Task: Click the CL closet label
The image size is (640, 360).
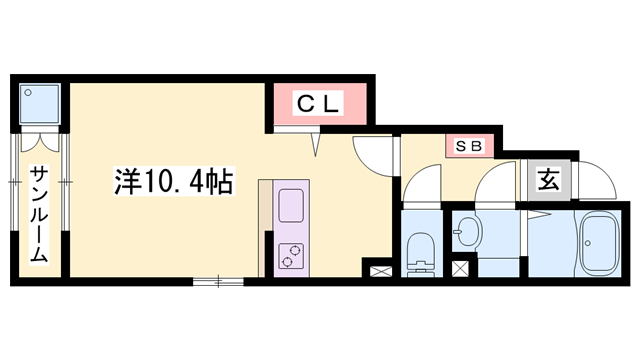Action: pyautogui.click(x=318, y=102)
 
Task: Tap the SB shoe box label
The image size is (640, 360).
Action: pyautogui.click(x=470, y=146)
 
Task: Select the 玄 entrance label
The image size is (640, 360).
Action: pyautogui.click(x=549, y=181)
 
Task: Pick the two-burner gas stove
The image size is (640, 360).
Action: pyautogui.click(x=291, y=256)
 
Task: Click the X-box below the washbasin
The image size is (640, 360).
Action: pyautogui.click(x=460, y=268)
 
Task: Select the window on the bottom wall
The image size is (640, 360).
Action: pyautogui.click(x=218, y=282)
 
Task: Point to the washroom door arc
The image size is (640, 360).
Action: pyautogui.click(x=494, y=185)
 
